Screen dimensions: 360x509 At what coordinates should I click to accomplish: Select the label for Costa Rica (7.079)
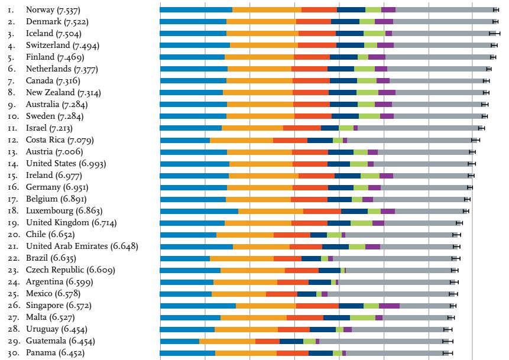60,140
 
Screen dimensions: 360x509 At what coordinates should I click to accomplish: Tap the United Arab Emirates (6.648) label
82,247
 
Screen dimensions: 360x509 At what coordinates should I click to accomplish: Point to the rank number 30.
12,353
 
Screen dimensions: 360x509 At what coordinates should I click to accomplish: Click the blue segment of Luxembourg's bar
199,211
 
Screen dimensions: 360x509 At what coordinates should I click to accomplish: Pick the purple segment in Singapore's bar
389,306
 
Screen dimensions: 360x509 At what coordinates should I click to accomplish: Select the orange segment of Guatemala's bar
227,341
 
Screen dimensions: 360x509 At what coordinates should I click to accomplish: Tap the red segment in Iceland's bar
317,34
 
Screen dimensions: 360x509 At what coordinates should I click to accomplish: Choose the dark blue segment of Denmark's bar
345,22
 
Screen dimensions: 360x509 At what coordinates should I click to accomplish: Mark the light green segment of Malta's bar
362,317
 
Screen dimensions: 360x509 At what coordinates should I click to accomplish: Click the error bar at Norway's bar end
495,10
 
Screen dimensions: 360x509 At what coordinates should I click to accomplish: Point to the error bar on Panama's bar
448,353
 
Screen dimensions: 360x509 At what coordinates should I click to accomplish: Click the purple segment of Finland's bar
377,57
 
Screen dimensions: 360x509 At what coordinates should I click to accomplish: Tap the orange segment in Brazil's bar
242,258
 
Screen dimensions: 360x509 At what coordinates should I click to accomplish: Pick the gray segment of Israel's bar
420,128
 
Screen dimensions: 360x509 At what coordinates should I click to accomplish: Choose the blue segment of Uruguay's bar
187,329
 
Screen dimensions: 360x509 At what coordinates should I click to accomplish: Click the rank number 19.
12,223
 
